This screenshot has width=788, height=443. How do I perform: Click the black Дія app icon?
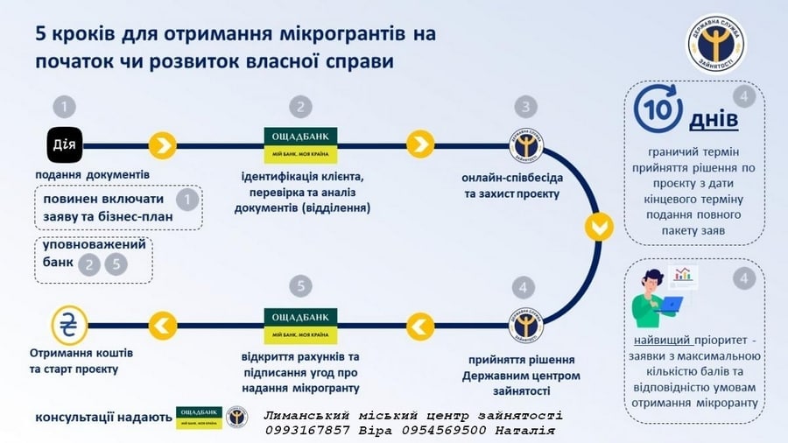click(65, 145)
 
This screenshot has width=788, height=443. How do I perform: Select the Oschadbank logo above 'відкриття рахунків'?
click(300, 326)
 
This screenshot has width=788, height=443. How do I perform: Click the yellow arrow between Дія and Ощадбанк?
click(162, 145)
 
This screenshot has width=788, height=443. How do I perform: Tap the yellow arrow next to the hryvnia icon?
click(162, 326)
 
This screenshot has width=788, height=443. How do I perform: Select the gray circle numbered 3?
click(525, 107)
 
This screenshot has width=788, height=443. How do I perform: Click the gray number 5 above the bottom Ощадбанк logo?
click(300, 285)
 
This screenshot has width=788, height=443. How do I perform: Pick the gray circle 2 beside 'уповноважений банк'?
click(89, 264)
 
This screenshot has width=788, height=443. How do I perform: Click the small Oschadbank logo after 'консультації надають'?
click(199, 418)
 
